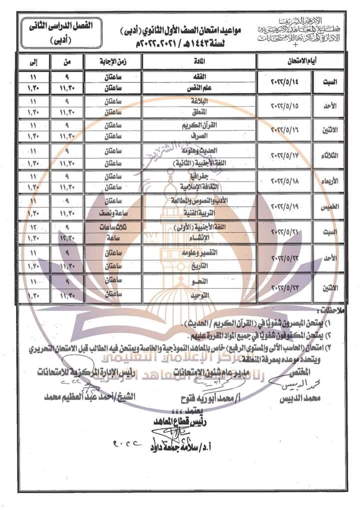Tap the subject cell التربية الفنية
pyautogui.click(x=199, y=212)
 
